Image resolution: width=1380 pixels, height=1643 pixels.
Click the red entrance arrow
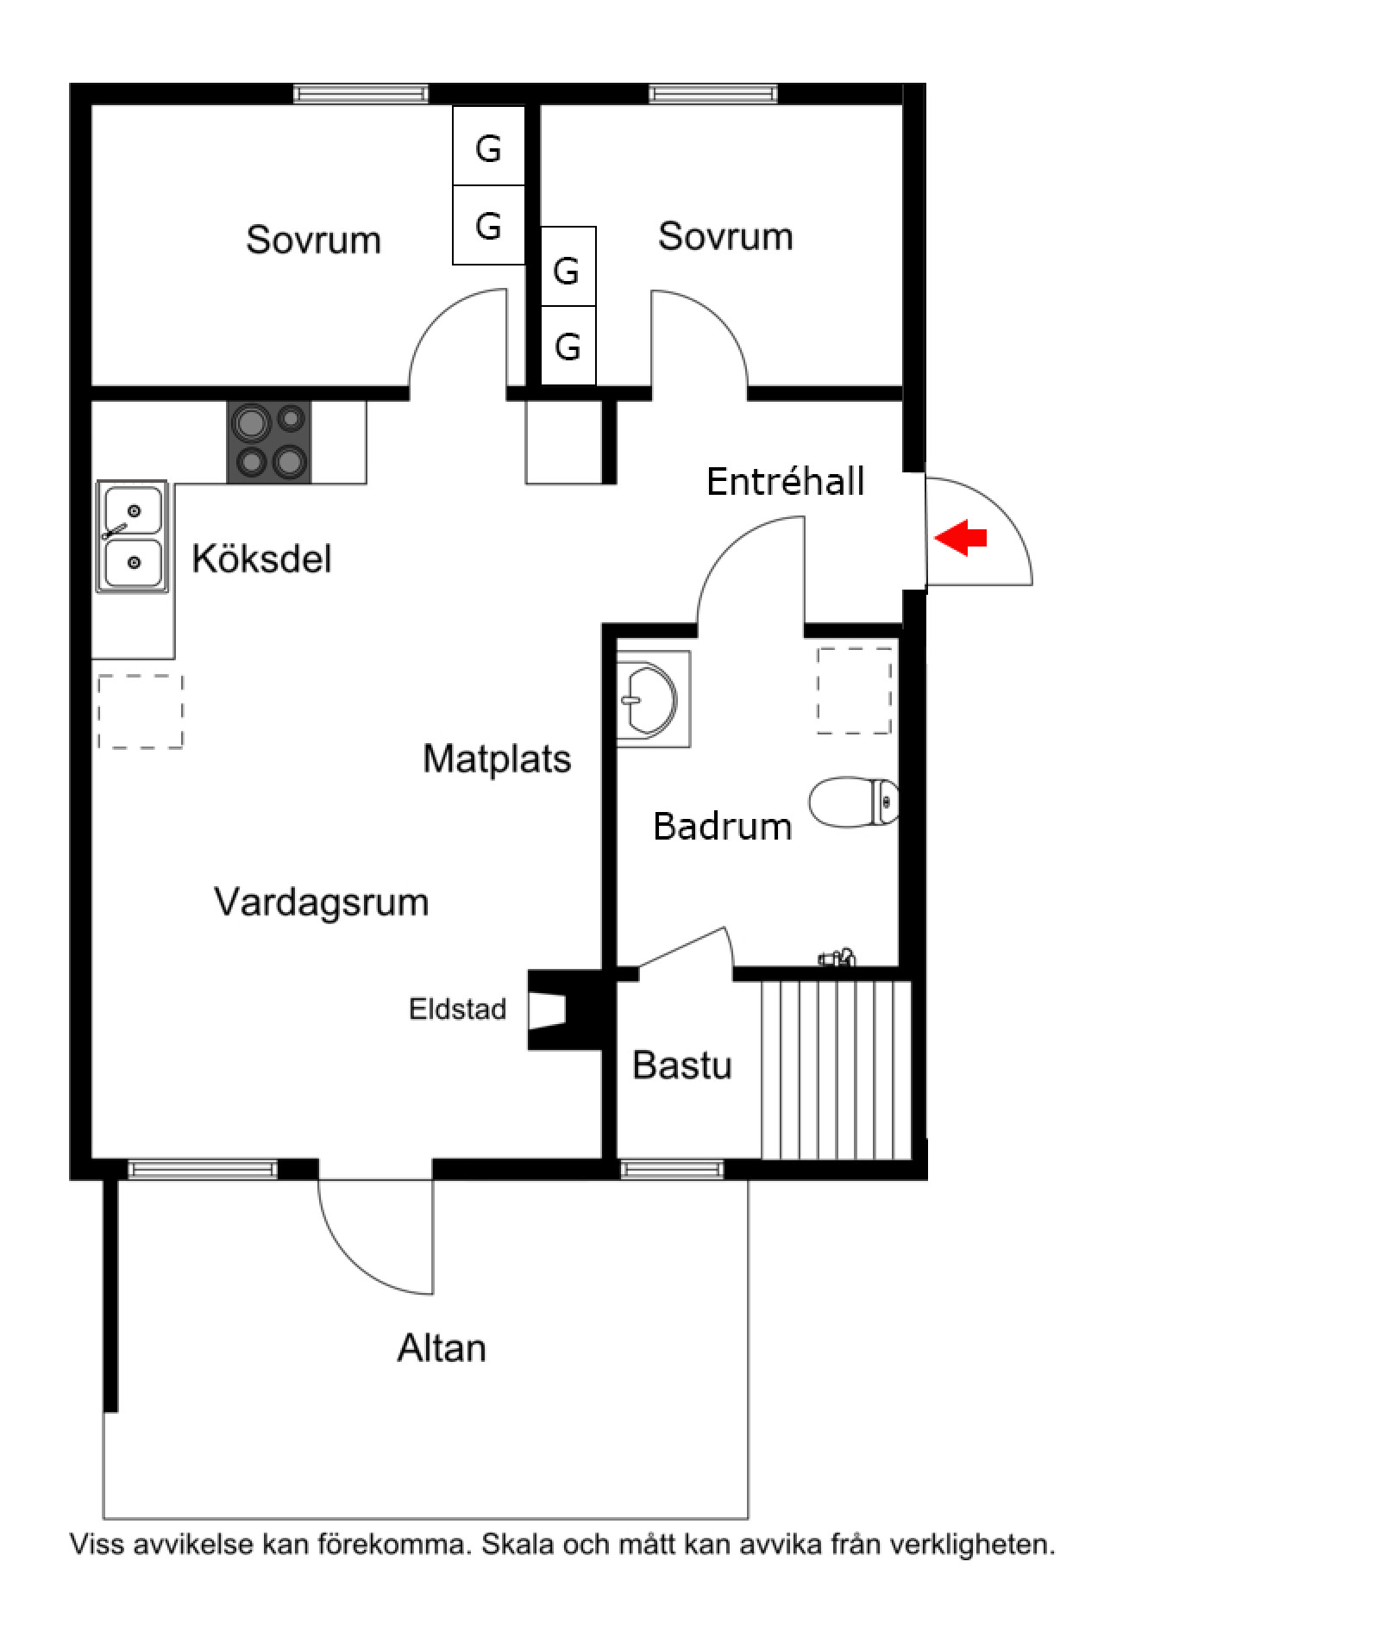[x=961, y=539]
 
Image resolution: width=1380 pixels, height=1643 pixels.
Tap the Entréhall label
[x=785, y=481]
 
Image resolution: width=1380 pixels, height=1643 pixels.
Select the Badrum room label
[x=722, y=826]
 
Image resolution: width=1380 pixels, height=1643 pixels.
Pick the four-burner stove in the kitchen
[x=269, y=442]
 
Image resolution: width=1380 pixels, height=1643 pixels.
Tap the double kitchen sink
[x=132, y=536]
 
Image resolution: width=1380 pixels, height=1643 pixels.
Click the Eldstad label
[x=457, y=1009]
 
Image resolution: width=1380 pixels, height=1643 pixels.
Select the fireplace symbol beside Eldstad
[x=561, y=1010]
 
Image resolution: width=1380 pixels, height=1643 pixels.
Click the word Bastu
[x=681, y=1065]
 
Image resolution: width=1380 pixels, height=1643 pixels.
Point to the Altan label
[x=441, y=1348]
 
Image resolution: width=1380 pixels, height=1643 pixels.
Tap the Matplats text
[x=497, y=759]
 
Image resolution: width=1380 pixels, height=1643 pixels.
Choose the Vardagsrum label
[x=321, y=902]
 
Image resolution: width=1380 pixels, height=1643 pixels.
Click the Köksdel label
[x=261, y=559]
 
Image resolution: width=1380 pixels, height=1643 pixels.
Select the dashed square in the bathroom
[x=854, y=690]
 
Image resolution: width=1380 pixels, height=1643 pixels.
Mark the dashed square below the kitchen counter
[x=141, y=711]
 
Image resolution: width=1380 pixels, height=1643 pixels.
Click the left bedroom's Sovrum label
[x=313, y=240]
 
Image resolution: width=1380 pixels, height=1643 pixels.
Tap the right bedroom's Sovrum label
[x=725, y=236]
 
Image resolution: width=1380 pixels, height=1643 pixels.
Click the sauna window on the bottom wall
[x=672, y=1170]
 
